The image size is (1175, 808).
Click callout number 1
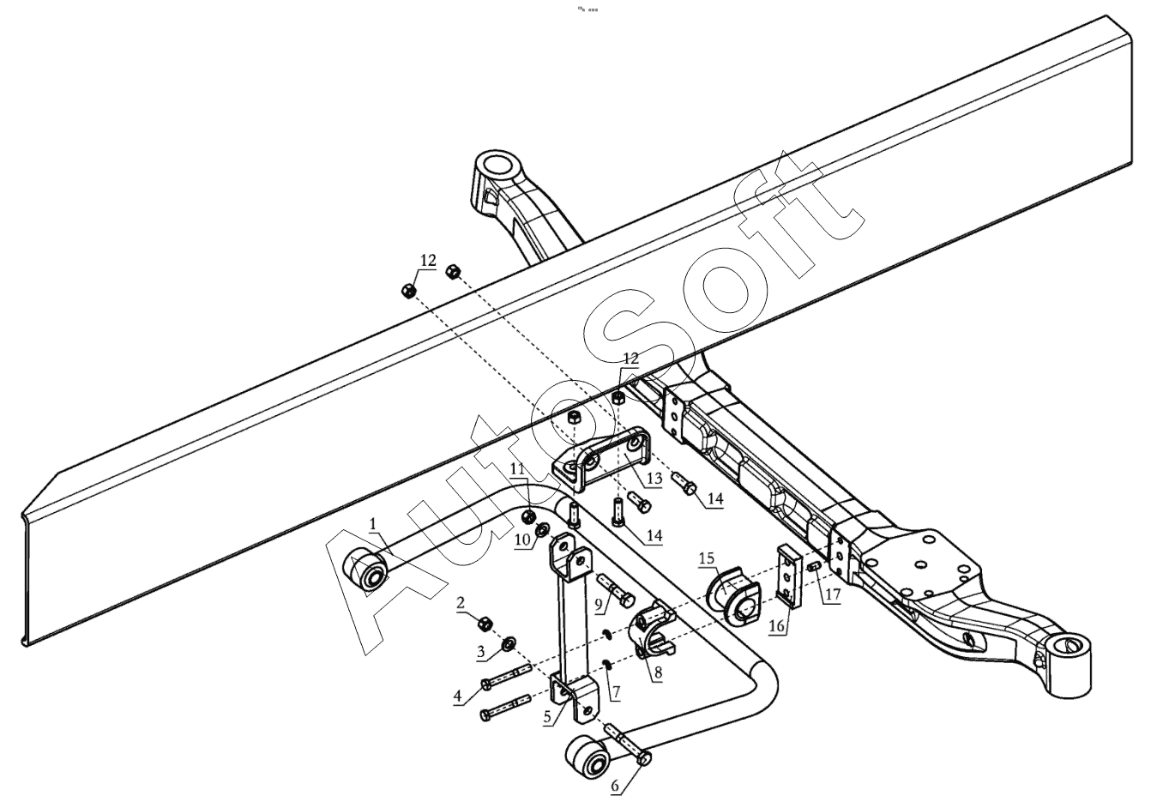tap(373, 522)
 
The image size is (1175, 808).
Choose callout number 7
tap(614, 690)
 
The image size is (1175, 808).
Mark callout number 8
tap(657, 672)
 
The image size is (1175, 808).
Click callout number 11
tap(516, 468)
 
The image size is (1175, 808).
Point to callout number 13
tap(654, 477)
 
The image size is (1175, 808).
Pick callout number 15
tap(707, 558)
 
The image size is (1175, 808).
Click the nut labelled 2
tap(483, 620)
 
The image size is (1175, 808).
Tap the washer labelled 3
tap(507, 642)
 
